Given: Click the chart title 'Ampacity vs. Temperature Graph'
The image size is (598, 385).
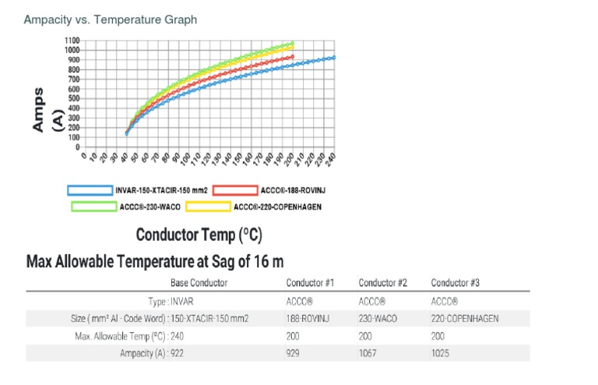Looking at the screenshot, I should [111, 19].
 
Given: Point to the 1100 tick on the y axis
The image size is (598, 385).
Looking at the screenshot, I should [72, 41].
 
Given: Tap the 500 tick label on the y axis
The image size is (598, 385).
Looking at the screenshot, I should [74, 98].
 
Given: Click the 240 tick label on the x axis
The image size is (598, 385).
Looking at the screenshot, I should [331, 157].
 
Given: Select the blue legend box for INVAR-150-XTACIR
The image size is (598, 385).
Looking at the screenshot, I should [90, 189].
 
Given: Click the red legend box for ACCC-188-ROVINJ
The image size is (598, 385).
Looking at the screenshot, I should [234, 189].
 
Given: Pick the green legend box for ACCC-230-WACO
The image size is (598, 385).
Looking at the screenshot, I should [94, 207].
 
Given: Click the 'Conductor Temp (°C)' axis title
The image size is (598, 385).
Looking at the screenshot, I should [199, 235].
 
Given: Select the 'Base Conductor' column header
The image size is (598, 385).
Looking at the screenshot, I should [199, 283].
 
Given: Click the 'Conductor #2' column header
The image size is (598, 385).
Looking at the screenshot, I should [382, 283].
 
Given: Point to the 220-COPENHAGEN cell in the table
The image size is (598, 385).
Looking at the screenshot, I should [465, 318].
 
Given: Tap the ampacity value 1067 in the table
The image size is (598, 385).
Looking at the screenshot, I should [368, 353].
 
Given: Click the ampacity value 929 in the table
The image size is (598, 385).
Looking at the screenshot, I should [294, 353].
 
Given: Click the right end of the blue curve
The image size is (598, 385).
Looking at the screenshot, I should [334, 58].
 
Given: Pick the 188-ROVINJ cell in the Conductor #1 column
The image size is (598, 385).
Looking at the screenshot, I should [307, 318].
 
